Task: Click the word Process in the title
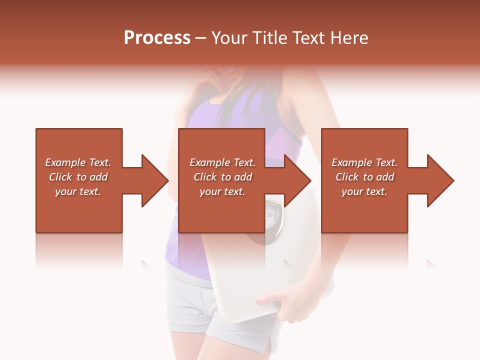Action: click(x=157, y=38)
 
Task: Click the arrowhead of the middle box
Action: click(x=294, y=180)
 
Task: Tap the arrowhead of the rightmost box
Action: click(x=437, y=180)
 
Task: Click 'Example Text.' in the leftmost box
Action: click(x=78, y=162)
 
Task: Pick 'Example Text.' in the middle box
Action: click(x=222, y=162)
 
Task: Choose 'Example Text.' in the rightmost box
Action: click(x=364, y=162)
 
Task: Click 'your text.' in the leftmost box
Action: click(x=78, y=191)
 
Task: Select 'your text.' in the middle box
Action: click(x=222, y=191)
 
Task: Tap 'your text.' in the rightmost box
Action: click(x=364, y=191)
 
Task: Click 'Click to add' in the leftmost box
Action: click(x=78, y=177)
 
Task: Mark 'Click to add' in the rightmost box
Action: click(x=364, y=177)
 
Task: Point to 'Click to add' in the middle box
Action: click(x=222, y=177)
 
